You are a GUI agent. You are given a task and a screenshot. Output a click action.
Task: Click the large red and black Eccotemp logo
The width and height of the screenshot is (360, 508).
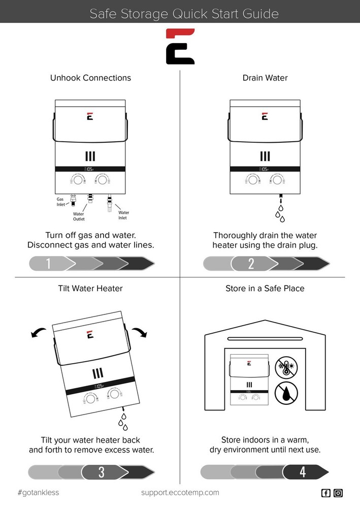point(180,46)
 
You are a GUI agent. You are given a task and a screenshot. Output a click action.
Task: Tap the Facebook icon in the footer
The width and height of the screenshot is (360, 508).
point(325,493)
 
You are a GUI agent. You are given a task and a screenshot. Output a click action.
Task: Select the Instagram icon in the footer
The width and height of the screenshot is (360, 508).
point(338,493)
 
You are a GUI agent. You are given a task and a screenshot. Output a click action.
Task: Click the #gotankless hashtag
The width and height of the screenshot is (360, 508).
point(38,493)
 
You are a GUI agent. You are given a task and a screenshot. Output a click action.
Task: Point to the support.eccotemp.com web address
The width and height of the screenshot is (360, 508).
point(180,493)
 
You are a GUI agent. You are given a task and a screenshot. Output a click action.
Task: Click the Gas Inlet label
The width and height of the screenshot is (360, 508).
point(60,202)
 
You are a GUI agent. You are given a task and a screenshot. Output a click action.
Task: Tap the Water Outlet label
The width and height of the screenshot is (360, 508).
point(79,216)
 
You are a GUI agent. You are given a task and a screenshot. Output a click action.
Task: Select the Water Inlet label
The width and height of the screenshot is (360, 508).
point(123,215)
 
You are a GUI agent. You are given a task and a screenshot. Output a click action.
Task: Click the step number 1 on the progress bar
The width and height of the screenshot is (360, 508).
point(48,263)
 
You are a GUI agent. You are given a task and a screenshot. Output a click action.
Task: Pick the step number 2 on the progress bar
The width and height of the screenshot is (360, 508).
point(251,264)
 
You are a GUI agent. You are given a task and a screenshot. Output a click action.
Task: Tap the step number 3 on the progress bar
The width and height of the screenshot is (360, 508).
point(102,472)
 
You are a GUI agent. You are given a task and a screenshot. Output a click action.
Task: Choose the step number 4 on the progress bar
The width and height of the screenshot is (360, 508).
point(303,472)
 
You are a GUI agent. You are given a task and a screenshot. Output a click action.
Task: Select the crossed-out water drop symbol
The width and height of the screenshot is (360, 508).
point(286,393)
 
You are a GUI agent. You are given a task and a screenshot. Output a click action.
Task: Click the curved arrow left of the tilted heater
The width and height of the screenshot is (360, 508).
point(38,333)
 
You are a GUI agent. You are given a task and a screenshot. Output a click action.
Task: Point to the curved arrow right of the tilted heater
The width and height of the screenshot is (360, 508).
point(140,332)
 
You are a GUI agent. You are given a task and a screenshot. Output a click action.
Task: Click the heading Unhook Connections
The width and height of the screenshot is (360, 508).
point(91,78)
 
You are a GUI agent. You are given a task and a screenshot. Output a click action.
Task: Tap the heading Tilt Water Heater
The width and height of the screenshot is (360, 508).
point(90,289)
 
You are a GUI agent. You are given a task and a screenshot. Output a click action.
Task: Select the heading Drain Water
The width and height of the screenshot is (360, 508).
point(265,78)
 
